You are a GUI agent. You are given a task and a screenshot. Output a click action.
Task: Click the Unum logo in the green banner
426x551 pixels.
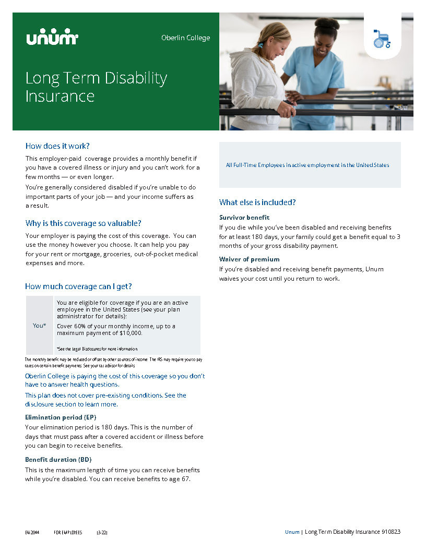tap(52, 37)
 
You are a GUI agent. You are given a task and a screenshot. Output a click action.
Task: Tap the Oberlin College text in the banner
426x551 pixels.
tap(185, 38)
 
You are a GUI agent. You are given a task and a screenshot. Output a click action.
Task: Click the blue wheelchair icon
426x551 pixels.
tap(382, 39)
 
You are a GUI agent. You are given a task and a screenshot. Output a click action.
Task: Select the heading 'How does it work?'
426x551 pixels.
tap(57, 146)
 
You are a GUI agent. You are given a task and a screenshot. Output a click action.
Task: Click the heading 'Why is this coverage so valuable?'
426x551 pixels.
tap(84, 223)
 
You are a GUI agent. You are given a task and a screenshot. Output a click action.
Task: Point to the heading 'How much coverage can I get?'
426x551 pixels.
tap(78, 286)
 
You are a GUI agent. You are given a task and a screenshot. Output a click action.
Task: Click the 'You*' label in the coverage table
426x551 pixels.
tap(39, 326)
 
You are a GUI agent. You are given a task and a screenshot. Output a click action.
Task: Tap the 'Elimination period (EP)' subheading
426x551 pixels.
tap(61, 417)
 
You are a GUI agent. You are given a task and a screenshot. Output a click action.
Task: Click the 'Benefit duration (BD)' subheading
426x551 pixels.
tap(58, 459)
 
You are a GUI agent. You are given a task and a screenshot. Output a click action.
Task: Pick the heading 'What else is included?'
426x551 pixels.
tap(257, 202)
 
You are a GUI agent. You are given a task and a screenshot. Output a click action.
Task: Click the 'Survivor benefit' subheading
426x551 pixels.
tap(244, 217)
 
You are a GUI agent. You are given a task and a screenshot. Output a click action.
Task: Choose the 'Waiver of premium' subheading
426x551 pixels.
tap(249, 259)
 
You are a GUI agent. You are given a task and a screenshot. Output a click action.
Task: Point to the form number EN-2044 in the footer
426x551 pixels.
tap(32, 532)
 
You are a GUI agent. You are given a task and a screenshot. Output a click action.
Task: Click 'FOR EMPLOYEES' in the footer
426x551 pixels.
tap(68, 532)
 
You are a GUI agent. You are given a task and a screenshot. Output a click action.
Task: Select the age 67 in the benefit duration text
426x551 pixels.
tap(185, 479)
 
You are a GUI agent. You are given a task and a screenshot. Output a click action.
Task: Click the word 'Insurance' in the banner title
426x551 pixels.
tap(60, 97)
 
